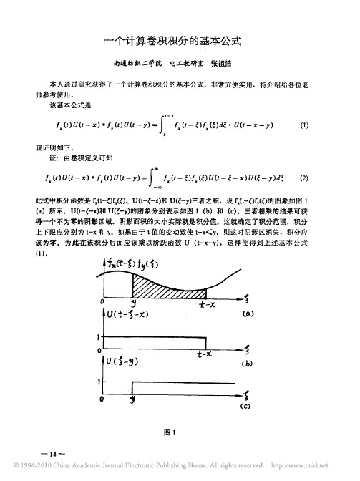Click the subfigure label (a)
pos(248,314)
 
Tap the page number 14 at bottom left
pos(54,455)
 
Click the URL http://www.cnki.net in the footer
pos(309,469)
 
